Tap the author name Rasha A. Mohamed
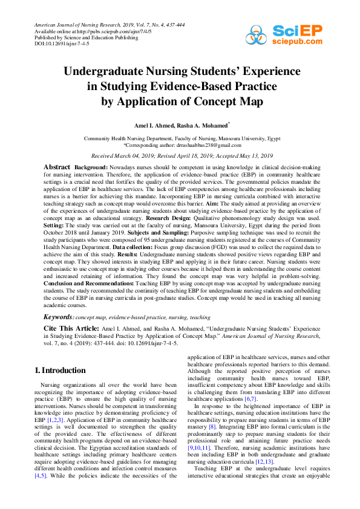201,125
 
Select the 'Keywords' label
58,317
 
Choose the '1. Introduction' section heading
60,369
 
